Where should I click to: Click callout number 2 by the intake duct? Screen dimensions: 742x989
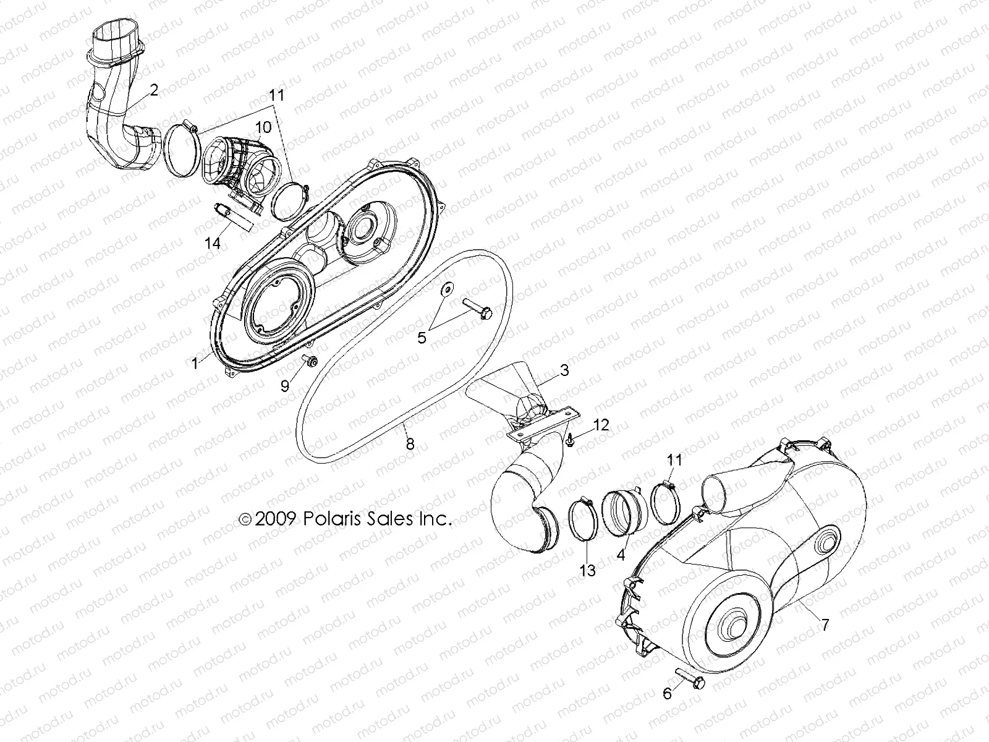click(x=153, y=90)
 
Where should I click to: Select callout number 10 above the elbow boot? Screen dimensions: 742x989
click(x=263, y=127)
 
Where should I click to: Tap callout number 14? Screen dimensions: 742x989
click(x=213, y=243)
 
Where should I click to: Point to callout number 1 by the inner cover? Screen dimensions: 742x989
click(x=195, y=364)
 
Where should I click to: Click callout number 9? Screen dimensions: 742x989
click(x=285, y=386)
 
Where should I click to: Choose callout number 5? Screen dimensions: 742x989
click(x=422, y=338)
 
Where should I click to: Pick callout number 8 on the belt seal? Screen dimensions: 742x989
click(x=409, y=443)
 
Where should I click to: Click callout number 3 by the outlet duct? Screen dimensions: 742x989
click(x=564, y=371)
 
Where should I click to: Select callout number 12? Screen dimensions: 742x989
click(x=601, y=425)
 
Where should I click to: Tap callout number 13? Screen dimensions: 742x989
click(x=587, y=570)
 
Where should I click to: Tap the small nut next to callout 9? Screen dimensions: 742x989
click(x=309, y=360)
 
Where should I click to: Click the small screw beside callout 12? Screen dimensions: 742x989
click(x=570, y=440)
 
